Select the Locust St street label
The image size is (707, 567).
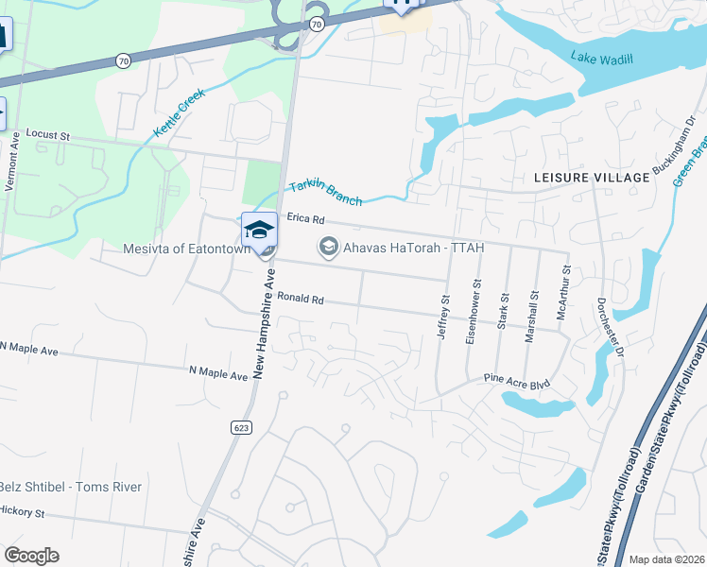point(48,135)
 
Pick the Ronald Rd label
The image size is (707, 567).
point(301,300)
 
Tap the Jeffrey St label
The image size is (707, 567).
point(443,312)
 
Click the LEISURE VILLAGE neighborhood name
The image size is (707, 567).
point(592,177)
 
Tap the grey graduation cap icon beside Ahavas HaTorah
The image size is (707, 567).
point(328,248)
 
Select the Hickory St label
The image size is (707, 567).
point(23,511)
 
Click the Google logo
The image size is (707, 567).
point(31,555)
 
